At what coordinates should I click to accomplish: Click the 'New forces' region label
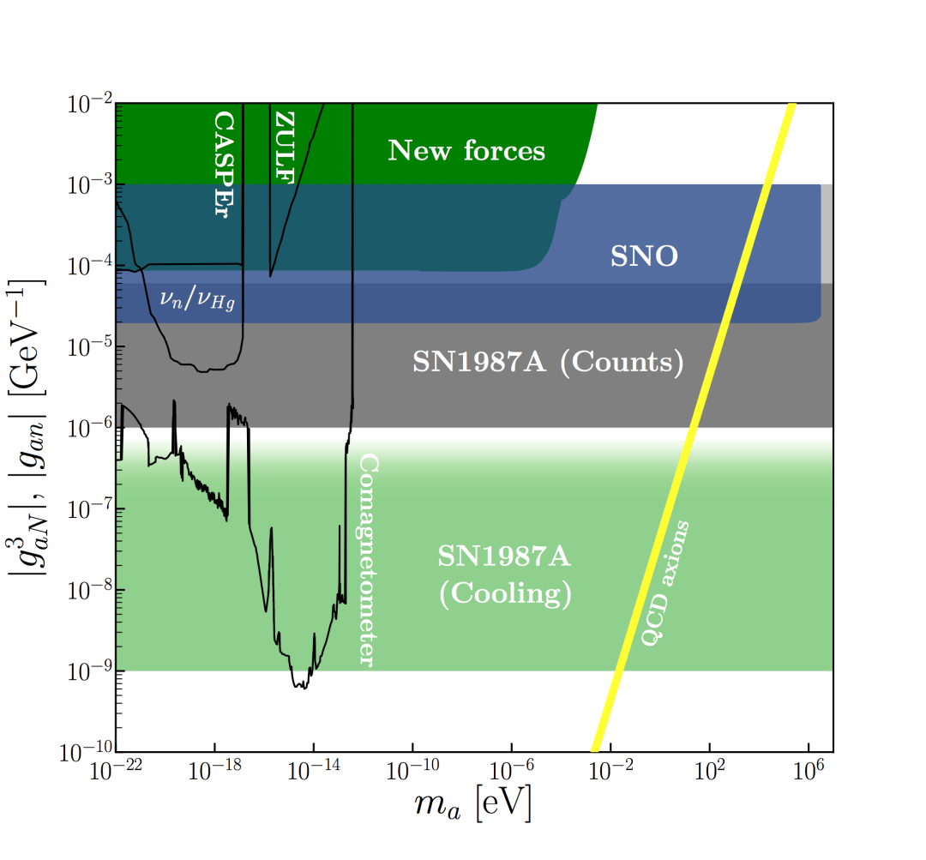pyautogui.click(x=466, y=152)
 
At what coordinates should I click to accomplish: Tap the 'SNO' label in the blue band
pyautogui.click(x=644, y=256)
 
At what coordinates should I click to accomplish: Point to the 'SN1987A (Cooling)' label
pyautogui.click(x=505, y=576)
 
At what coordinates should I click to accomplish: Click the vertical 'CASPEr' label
pyautogui.click(x=223, y=164)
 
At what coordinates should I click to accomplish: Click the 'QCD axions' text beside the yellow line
pyautogui.click(x=664, y=583)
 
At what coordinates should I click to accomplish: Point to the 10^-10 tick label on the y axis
pyautogui.click(x=85, y=752)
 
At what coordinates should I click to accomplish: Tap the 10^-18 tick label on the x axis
pyautogui.click(x=213, y=769)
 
